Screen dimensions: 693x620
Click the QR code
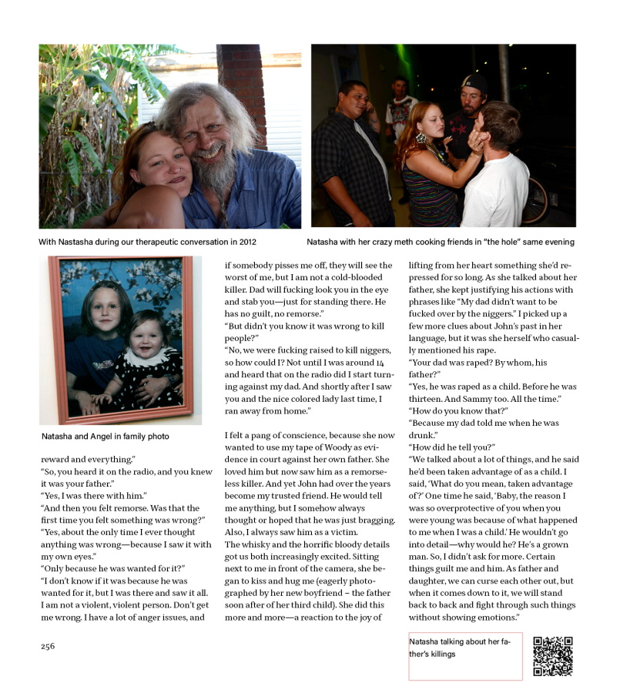552,656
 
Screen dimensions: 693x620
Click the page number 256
48,646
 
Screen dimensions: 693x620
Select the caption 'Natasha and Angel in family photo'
106,437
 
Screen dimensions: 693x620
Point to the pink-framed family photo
121,340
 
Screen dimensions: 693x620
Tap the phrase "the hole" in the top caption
491,242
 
